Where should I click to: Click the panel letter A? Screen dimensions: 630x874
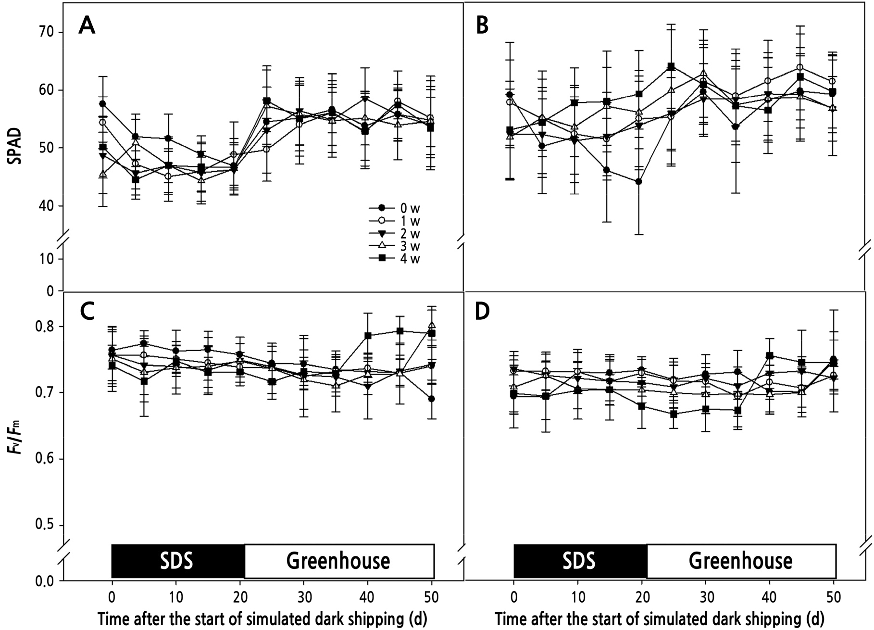pos(87,25)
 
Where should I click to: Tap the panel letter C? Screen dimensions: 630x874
pos(87,312)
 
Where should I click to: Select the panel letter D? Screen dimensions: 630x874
pos(482,312)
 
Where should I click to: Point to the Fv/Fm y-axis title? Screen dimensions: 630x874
pos(16,437)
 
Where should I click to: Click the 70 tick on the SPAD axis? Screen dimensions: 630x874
pos(47,32)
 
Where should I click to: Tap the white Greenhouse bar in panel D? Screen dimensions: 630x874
pos(741,561)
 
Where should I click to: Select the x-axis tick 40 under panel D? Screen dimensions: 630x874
pos(769,597)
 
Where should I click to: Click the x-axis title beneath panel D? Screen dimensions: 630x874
pos(660,619)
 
